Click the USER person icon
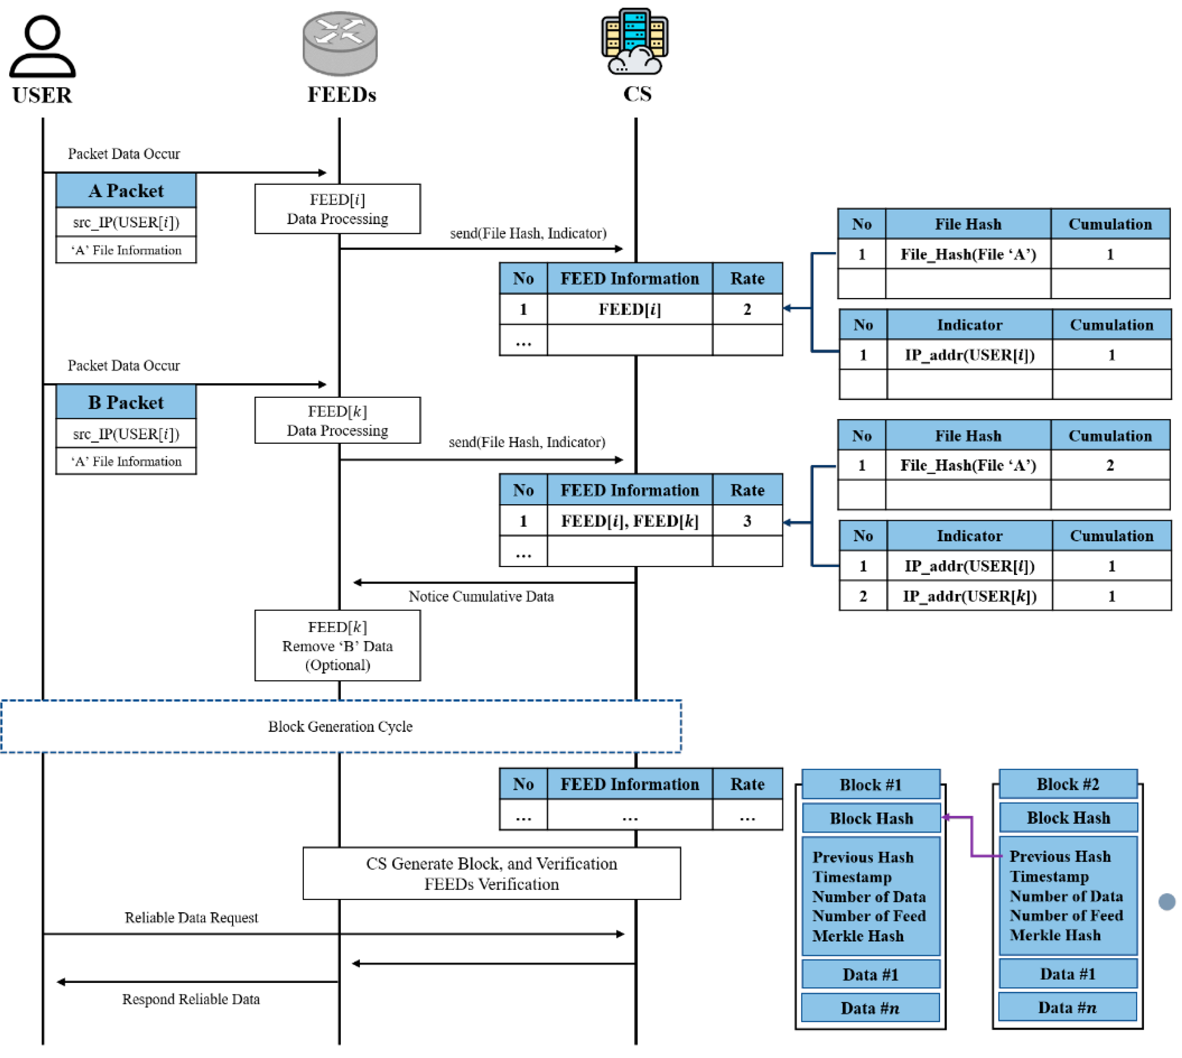(43, 47)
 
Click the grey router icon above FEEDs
(340, 43)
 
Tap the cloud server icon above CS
(635, 42)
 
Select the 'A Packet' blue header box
(126, 191)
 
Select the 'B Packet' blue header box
(126, 402)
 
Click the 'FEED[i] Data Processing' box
(337, 209)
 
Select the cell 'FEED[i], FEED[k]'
(629, 521)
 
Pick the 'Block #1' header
(870, 785)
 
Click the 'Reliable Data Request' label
(191, 917)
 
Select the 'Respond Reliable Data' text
(191, 999)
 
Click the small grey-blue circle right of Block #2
(1166, 902)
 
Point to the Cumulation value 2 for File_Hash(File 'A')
(1109, 465)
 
